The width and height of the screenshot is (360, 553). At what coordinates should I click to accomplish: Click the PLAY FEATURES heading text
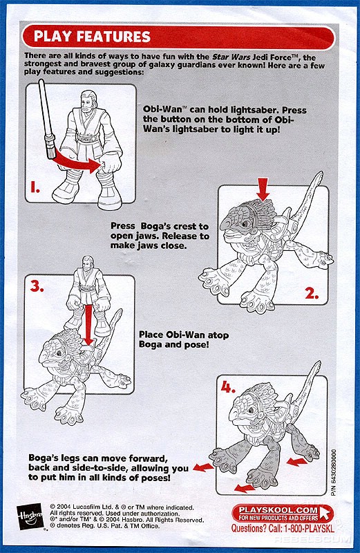(x=92, y=37)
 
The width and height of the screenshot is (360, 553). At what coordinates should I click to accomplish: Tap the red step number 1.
(x=35, y=187)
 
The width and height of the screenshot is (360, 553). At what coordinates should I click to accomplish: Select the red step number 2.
(x=312, y=293)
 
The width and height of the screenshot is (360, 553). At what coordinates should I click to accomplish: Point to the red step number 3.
(x=37, y=286)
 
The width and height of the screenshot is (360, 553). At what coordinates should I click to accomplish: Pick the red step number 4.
(x=228, y=388)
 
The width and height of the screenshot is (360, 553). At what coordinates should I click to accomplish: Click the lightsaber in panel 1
(x=47, y=119)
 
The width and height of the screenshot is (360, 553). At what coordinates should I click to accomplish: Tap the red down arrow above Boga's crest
(x=263, y=189)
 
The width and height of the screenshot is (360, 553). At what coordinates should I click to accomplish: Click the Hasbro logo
(x=30, y=517)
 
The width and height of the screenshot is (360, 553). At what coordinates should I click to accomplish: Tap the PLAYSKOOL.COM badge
(x=283, y=513)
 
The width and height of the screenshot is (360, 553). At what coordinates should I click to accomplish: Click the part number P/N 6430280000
(x=334, y=473)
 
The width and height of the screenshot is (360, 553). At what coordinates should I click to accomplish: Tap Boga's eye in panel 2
(x=246, y=223)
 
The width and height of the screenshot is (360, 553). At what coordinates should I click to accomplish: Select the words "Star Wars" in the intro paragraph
(x=231, y=57)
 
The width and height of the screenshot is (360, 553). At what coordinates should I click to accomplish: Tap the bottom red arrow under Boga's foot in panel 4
(x=245, y=488)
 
